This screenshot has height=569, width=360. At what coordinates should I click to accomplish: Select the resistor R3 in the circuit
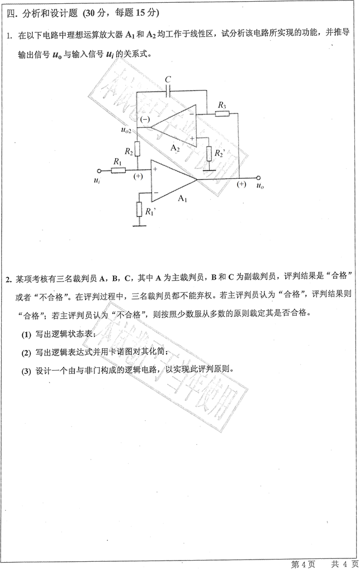point(222,113)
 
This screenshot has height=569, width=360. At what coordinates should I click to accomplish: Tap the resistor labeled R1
point(118,170)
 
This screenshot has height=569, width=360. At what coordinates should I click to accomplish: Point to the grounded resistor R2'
point(209,153)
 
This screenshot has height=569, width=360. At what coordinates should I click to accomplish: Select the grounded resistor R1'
point(138,210)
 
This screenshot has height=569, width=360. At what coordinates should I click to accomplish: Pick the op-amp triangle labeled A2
point(175,124)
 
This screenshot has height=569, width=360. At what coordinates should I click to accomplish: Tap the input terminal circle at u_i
point(99,170)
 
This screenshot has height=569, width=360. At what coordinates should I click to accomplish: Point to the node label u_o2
point(126,130)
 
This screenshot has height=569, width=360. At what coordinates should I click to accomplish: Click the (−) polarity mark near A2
point(145,120)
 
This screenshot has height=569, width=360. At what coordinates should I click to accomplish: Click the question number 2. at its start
point(9,278)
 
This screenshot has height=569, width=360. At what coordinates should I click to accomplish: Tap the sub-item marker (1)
point(27,334)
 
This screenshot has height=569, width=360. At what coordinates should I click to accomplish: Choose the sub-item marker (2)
point(27,353)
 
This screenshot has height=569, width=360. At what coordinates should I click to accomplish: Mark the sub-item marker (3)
point(27,371)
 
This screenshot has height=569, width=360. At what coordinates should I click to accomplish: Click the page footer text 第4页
point(304,562)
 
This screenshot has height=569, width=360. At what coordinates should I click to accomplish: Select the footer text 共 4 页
point(342,562)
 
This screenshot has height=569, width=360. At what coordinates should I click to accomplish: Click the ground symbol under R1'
point(138,225)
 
